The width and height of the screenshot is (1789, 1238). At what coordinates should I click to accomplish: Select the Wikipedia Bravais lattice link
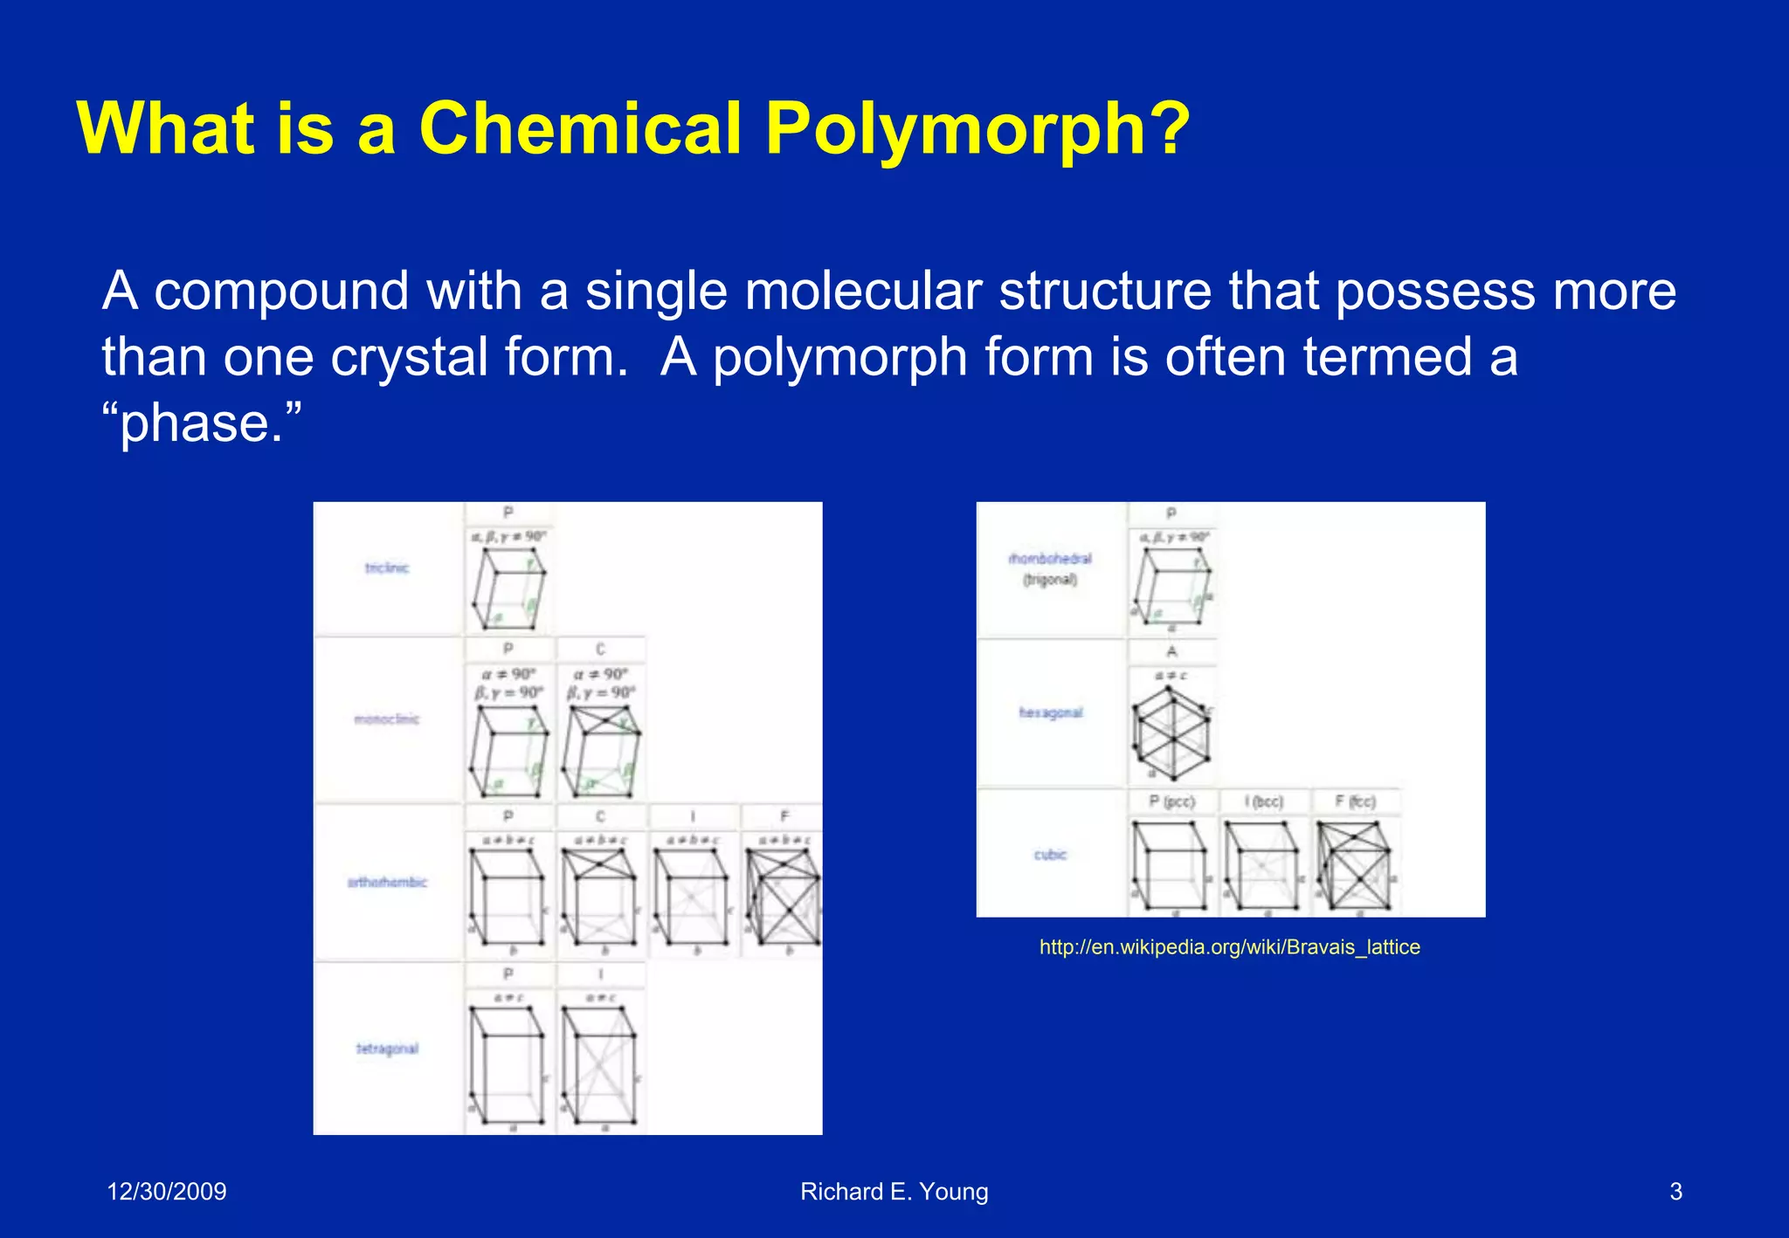click(x=1229, y=947)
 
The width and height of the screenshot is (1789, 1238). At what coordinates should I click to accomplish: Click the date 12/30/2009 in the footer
click(x=166, y=1192)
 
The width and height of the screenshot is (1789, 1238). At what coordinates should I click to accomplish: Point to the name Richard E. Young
click(x=894, y=1192)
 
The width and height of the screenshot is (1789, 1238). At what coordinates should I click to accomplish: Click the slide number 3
click(x=1675, y=1192)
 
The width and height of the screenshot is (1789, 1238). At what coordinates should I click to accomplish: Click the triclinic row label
click(x=387, y=568)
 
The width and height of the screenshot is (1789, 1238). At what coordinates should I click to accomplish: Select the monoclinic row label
click(x=387, y=719)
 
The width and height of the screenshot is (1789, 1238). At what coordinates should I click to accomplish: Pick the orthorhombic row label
click(x=387, y=883)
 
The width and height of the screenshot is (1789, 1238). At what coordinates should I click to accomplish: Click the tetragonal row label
click(x=387, y=1049)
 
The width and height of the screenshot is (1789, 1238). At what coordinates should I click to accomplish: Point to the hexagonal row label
click(x=1050, y=713)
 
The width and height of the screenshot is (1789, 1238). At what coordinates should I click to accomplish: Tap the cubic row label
click(x=1050, y=855)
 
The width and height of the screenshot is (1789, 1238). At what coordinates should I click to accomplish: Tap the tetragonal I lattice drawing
click(x=599, y=1065)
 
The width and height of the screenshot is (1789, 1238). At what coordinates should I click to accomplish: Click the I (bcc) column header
click(x=1264, y=801)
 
